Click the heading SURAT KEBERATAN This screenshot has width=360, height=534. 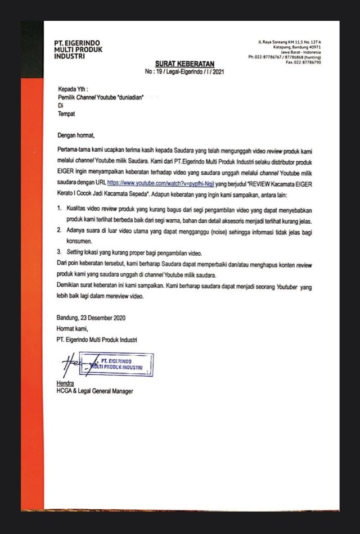pyautogui.click(x=181, y=65)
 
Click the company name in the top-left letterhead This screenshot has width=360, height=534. pyautogui.click(x=78, y=49)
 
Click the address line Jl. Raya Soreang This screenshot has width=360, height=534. pyautogui.click(x=289, y=42)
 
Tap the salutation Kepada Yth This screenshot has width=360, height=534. pyautogui.click(x=73, y=89)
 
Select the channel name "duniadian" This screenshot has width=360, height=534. pyautogui.click(x=130, y=97)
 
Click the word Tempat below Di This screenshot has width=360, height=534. pyautogui.click(x=66, y=114)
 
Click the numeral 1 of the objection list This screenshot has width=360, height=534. pyautogui.click(x=60, y=208)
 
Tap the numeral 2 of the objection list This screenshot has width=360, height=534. pyautogui.click(x=60, y=230)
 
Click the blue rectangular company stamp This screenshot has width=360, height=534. pyautogui.click(x=116, y=364)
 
